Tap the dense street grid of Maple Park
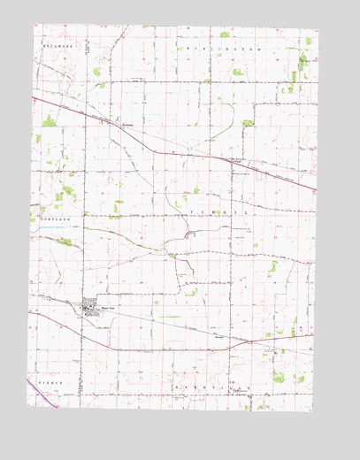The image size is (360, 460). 90,308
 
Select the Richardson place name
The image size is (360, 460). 126,126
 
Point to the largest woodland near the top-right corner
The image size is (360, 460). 303,61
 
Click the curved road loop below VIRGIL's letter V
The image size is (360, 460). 192,235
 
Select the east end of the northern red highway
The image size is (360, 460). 313,190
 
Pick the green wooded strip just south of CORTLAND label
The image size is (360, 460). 65,241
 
